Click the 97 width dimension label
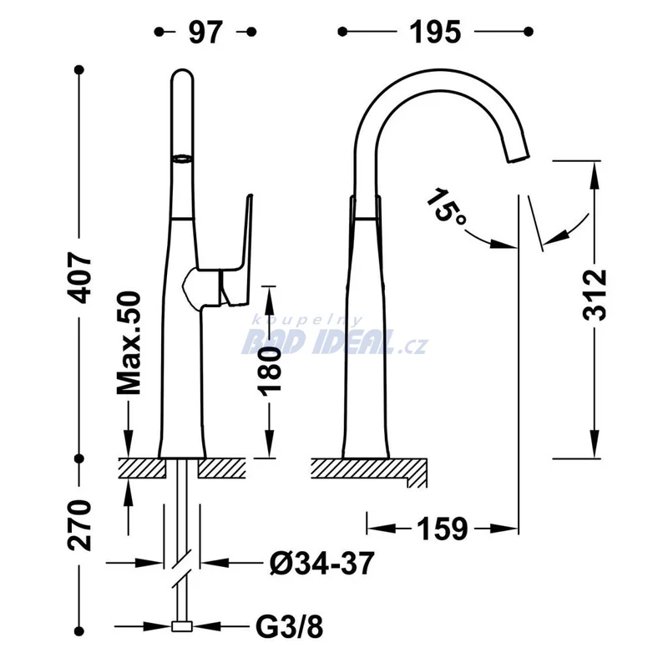205,32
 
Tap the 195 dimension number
435,32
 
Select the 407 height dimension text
79,278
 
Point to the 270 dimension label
79,525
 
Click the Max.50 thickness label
129,343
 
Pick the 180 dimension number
270,368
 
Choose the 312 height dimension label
595,295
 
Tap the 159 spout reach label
443,529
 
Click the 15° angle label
446,207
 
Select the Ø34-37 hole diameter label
322,563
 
